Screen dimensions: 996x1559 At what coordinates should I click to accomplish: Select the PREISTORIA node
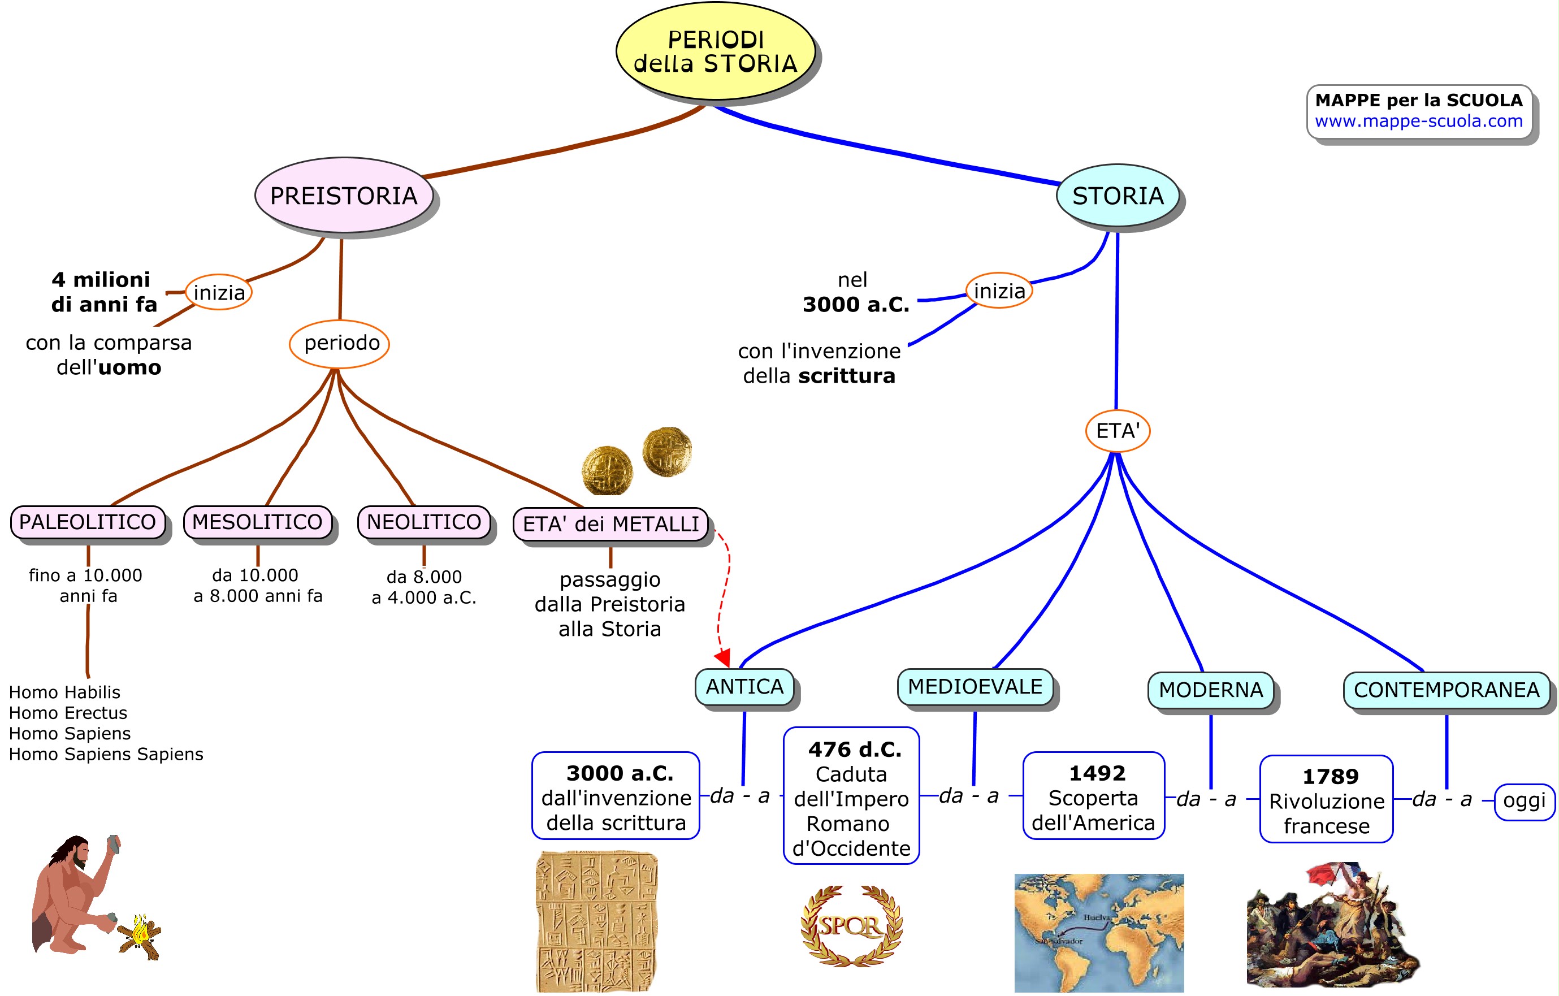343,196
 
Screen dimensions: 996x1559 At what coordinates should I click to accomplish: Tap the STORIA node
1118,196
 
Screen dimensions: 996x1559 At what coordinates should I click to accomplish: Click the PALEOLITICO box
88,522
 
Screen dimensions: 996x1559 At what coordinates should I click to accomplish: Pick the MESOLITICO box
257,522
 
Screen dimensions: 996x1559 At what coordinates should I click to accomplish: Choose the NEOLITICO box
424,522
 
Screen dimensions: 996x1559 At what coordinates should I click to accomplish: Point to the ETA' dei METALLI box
610,524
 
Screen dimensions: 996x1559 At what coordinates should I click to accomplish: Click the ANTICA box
744,686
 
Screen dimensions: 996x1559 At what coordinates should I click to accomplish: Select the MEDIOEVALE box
975,686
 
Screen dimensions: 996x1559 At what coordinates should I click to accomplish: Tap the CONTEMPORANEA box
1447,690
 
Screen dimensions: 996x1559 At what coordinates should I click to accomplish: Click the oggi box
1524,801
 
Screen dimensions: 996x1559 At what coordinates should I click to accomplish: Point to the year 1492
1097,773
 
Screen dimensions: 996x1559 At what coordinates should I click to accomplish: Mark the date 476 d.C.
855,750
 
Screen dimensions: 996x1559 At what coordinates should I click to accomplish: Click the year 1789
1330,777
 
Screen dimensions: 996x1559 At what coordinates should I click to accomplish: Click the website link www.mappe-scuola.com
1418,121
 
